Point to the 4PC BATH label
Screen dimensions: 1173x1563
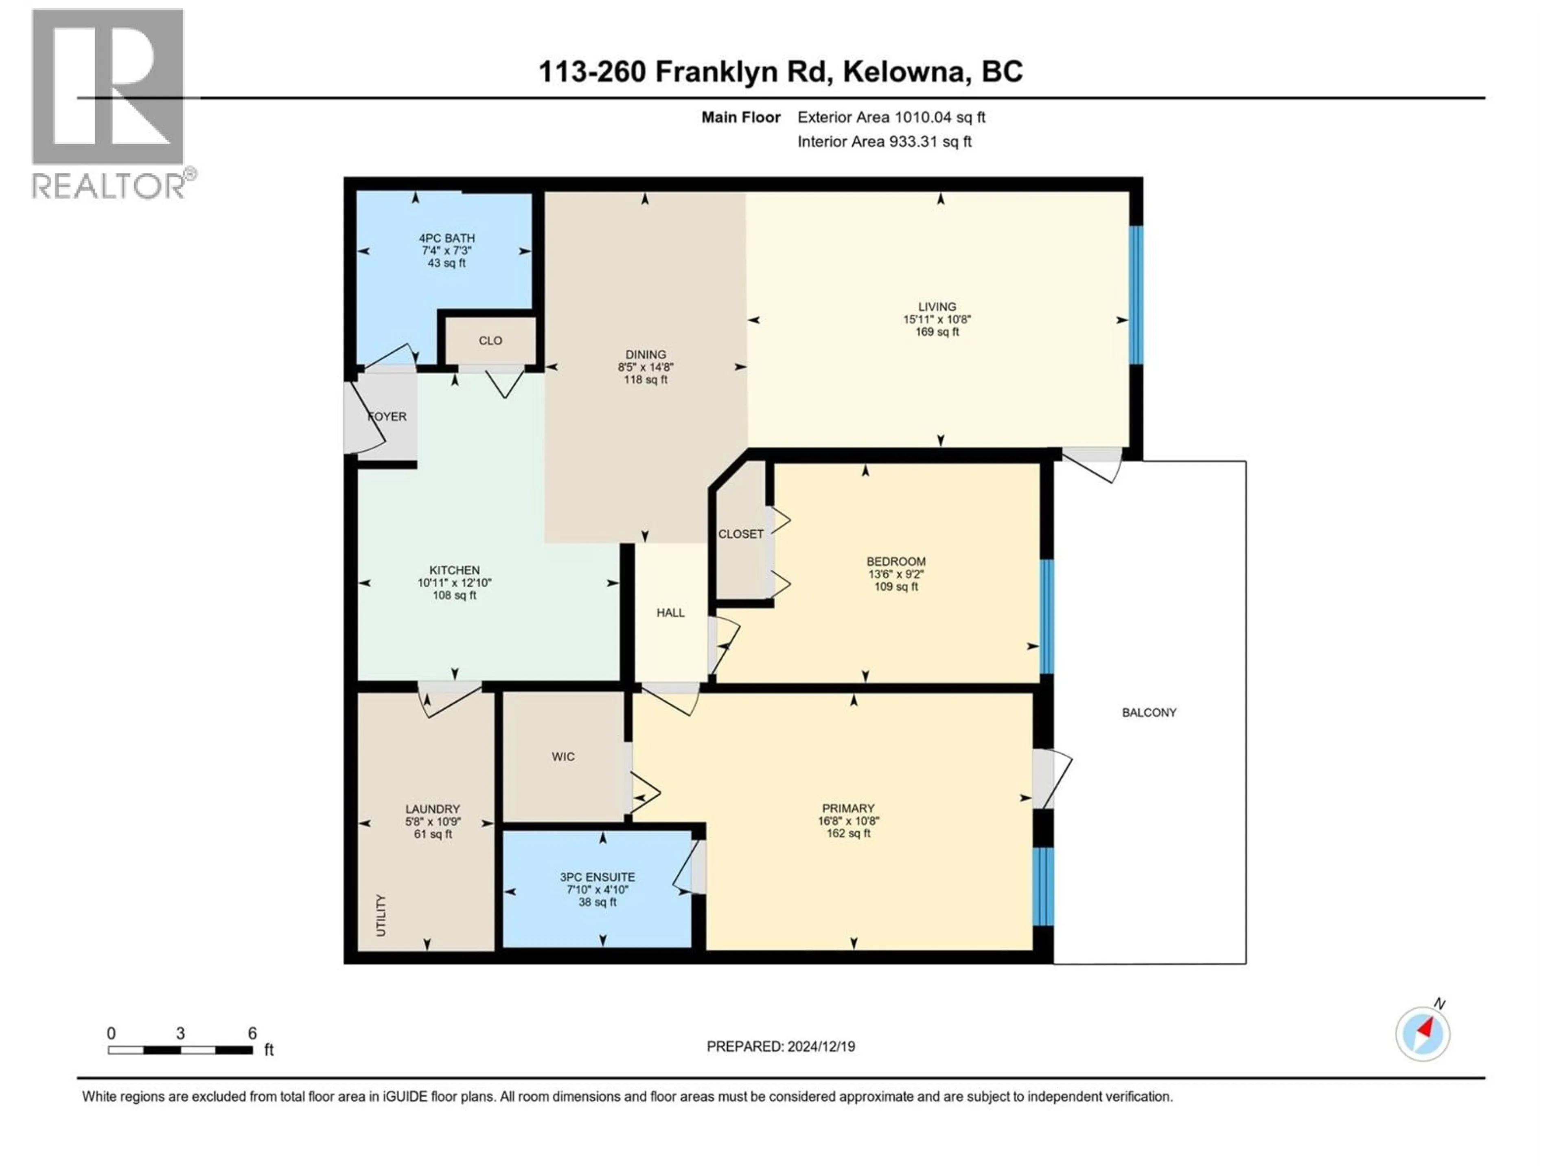click(x=447, y=238)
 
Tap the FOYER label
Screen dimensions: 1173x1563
click(x=387, y=416)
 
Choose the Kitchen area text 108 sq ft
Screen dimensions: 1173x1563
click(x=454, y=595)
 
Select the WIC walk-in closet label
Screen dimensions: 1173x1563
click(x=563, y=757)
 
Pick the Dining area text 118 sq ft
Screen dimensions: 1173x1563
click(x=645, y=380)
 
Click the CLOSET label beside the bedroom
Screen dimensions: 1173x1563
click(x=740, y=534)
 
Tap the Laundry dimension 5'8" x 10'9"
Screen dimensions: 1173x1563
click(x=432, y=822)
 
